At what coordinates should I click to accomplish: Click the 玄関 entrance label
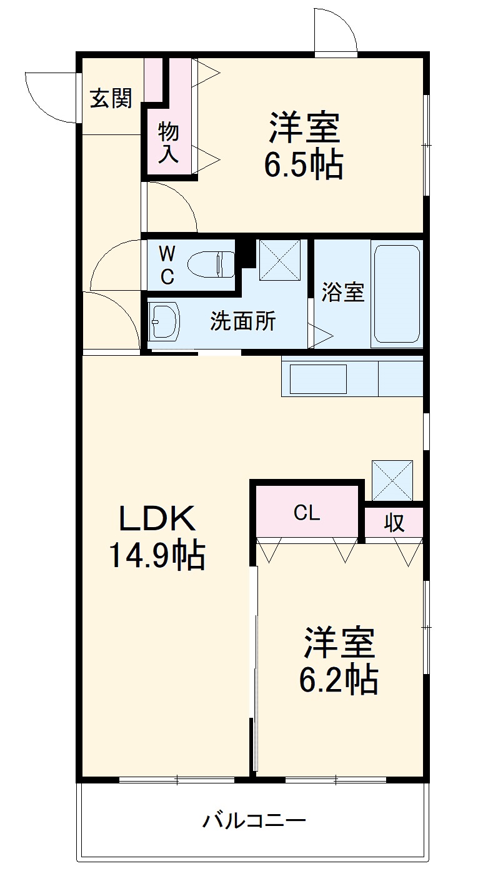[111, 99]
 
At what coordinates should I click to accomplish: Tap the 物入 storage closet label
[168, 142]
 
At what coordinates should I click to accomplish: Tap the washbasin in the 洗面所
[166, 321]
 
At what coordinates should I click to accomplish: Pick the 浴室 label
[343, 292]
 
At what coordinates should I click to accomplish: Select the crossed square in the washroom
[280, 260]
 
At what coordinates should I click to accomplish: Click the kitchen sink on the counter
[318, 379]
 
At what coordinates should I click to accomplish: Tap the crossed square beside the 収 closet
[392, 480]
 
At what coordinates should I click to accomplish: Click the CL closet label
[307, 513]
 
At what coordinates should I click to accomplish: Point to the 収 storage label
[394, 522]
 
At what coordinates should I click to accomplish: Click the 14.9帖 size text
[157, 555]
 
